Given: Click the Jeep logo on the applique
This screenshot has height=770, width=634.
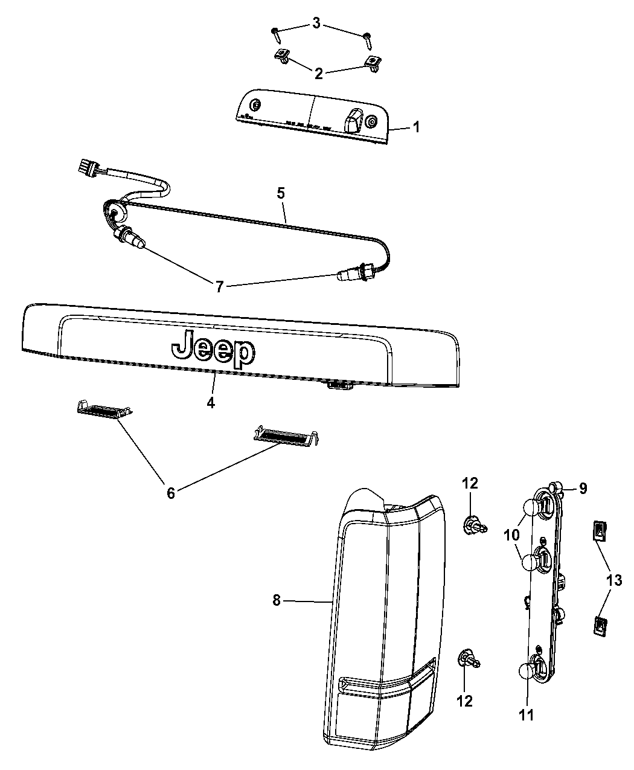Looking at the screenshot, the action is click(x=213, y=349).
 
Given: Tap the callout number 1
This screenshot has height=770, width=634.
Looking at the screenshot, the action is click(x=416, y=127).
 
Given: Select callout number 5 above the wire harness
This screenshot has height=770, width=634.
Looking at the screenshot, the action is click(x=281, y=193).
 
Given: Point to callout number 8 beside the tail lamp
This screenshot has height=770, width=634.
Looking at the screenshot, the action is click(x=277, y=600).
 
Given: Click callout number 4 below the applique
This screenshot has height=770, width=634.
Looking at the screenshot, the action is click(x=211, y=403).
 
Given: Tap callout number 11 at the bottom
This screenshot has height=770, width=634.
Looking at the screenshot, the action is click(x=527, y=715).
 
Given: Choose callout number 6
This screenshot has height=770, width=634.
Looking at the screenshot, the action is click(x=170, y=493).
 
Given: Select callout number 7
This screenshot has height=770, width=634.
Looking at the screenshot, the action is click(x=219, y=286).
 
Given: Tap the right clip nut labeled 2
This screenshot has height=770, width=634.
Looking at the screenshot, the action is click(x=373, y=63).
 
